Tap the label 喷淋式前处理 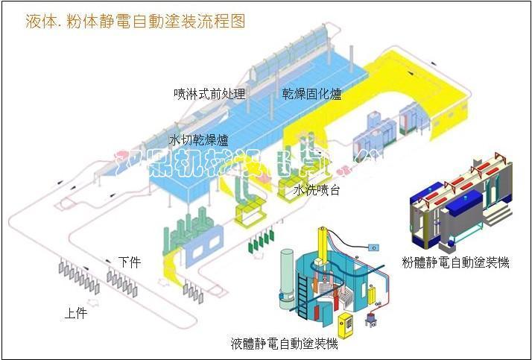[209, 94]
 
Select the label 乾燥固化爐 [311, 94]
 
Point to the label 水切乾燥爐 [199, 139]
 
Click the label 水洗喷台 [317, 190]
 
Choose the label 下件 [129, 262]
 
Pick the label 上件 [75, 313]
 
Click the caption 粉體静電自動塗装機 [455, 262]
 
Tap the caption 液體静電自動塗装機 [284, 344]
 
